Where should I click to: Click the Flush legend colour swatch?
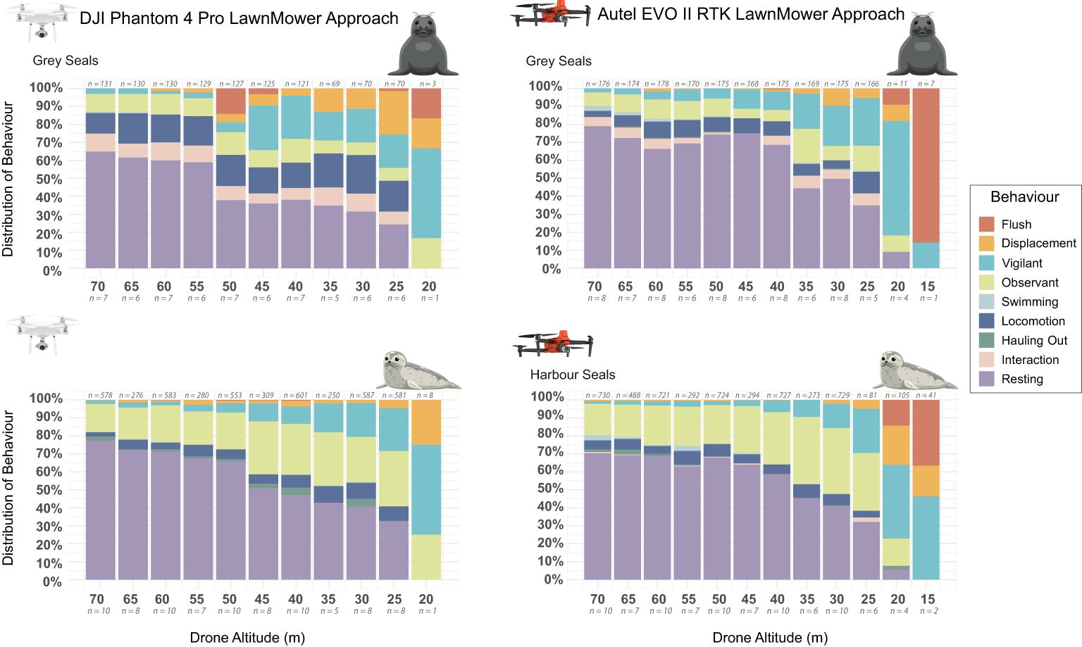pyautogui.click(x=987, y=224)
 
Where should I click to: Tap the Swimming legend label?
pyautogui.click(x=1030, y=302)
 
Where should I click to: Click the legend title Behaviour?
pyautogui.click(x=1024, y=196)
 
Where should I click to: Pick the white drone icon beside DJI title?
pyautogui.click(x=42, y=21)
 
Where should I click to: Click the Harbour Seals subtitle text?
pyautogui.click(x=573, y=375)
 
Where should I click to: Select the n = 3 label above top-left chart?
pyautogui.click(x=428, y=84)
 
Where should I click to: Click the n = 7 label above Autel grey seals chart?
pyautogui.click(x=926, y=84)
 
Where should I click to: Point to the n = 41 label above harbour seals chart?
pyautogui.click(x=926, y=395)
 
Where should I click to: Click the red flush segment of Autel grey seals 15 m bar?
pyautogui.click(x=926, y=165)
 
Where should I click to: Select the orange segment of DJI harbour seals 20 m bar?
pyautogui.click(x=426, y=422)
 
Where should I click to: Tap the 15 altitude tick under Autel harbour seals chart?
pyautogui.click(x=928, y=599)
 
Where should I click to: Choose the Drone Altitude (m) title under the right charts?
pyautogui.click(x=770, y=638)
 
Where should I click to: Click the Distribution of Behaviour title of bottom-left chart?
pyautogui.click(x=8, y=488)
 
